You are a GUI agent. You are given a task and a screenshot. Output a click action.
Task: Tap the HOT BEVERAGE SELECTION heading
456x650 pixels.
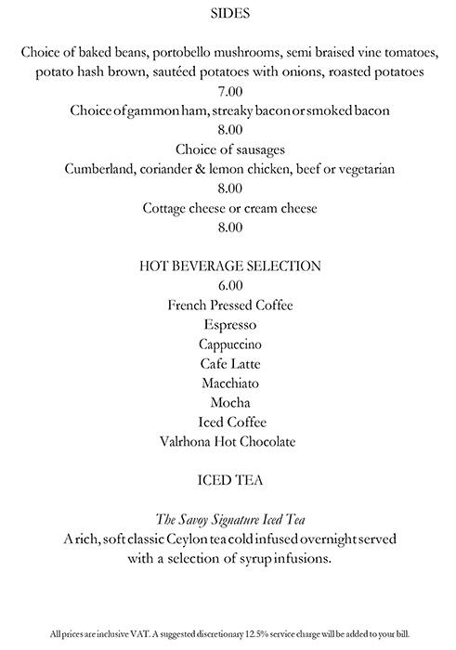(x=229, y=266)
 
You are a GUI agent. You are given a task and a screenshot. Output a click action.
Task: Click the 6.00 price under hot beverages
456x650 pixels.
(x=229, y=285)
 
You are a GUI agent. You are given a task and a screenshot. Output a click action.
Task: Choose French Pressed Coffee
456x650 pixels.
(x=229, y=305)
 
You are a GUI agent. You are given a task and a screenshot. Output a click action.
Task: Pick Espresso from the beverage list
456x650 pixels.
(x=229, y=325)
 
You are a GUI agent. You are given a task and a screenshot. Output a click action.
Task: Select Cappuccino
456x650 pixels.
(x=229, y=344)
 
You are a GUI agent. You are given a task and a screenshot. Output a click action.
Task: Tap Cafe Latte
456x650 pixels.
(x=229, y=364)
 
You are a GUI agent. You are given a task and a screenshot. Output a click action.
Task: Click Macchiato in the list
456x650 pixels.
(x=229, y=383)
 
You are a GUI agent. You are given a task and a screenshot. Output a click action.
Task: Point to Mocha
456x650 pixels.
(x=229, y=402)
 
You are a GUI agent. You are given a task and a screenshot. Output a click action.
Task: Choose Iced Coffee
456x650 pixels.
(x=229, y=422)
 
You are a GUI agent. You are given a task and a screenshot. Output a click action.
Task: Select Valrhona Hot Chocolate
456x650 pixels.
(x=229, y=442)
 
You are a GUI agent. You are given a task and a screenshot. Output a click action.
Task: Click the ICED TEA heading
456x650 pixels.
(x=229, y=480)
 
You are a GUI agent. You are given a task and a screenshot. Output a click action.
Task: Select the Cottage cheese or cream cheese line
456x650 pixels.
(x=229, y=208)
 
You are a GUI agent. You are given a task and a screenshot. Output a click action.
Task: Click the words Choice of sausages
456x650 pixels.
(x=229, y=149)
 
